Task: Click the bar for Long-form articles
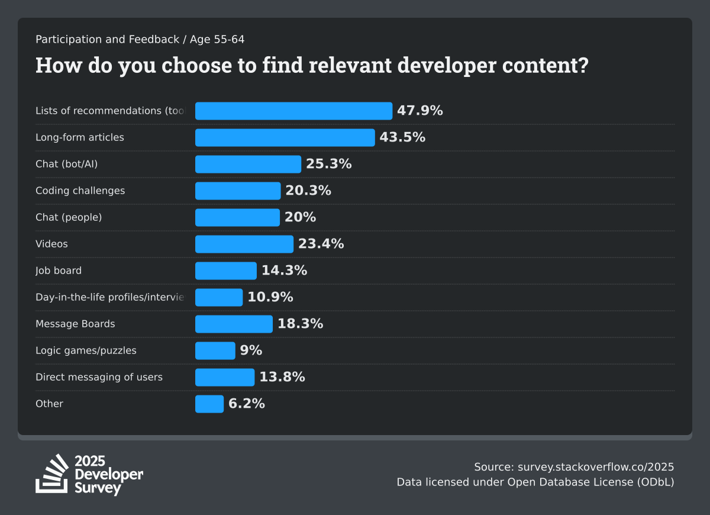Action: coord(285,137)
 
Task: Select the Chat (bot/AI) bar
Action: coord(248,164)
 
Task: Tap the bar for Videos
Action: coord(244,244)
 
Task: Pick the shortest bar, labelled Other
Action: coord(209,404)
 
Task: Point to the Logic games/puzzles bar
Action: coord(215,350)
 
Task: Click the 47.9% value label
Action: coord(419,111)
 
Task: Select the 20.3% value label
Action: coord(308,191)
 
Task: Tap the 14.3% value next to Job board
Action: coord(284,271)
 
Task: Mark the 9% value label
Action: coord(251,350)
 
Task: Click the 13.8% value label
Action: coord(282,377)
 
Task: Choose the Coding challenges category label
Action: coord(80,191)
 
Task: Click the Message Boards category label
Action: coord(75,324)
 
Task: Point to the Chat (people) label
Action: coord(69,217)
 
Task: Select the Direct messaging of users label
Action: coord(99,377)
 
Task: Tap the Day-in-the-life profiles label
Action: coord(110,297)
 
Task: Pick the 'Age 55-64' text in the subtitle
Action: coord(217,40)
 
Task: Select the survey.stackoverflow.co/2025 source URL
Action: coord(596,466)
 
